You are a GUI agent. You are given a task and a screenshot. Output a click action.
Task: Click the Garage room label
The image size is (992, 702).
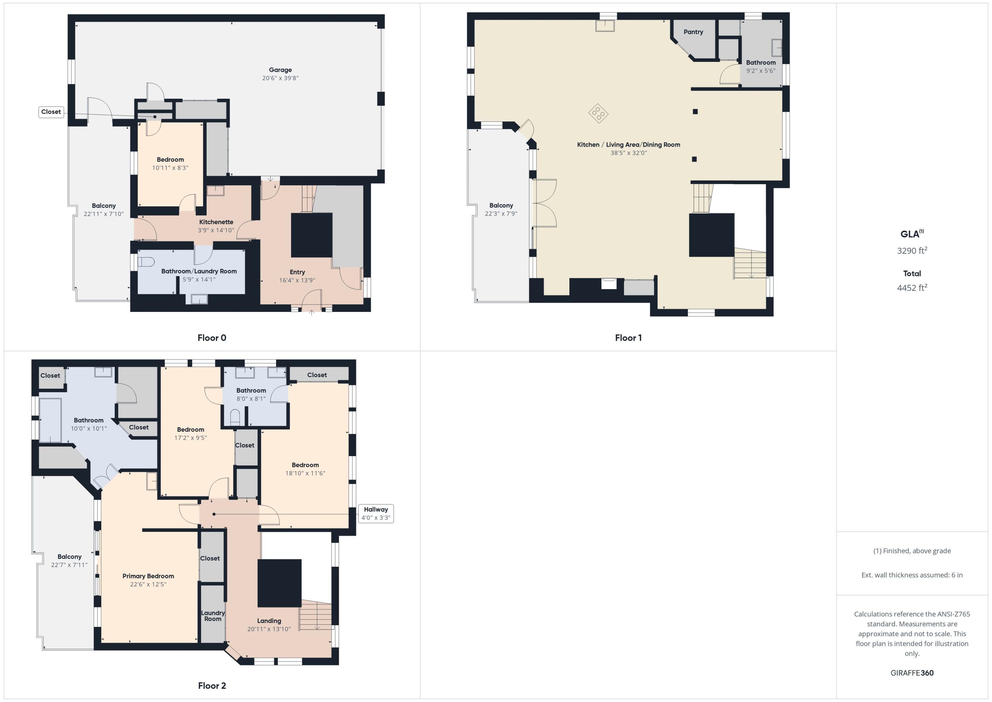click(280, 69)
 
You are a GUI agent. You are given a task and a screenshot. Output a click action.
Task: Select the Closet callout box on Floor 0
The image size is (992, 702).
click(51, 112)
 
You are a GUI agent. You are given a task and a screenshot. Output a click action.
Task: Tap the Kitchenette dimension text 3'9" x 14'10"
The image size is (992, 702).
click(216, 230)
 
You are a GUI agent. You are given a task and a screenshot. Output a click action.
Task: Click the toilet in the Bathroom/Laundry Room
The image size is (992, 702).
click(146, 262)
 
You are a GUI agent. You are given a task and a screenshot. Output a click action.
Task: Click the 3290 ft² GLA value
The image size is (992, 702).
click(912, 251)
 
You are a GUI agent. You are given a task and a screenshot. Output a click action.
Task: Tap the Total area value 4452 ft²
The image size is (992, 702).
click(912, 288)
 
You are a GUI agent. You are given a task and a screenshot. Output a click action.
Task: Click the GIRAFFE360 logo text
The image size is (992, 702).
click(912, 673)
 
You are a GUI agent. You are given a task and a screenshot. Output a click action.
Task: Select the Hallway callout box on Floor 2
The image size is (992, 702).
click(375, 513)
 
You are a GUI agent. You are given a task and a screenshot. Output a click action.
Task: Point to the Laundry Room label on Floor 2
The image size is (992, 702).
click(213, 616)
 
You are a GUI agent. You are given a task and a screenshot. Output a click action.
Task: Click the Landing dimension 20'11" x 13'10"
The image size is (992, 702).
click(269, 629)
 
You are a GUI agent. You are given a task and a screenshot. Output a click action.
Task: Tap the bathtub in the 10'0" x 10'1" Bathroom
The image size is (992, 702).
click(50, 420)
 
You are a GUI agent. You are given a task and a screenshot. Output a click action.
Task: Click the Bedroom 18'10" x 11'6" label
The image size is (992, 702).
click(305, 465)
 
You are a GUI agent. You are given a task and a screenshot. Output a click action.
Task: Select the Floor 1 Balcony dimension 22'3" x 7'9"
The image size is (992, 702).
click(501, 213)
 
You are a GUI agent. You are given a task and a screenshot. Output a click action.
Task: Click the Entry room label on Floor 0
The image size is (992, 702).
click(297, 272)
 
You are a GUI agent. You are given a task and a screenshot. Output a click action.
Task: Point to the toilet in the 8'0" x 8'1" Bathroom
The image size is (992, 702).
click(234, 417)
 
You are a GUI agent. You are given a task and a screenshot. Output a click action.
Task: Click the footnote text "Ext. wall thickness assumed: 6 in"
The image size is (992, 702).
click(912, 575)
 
